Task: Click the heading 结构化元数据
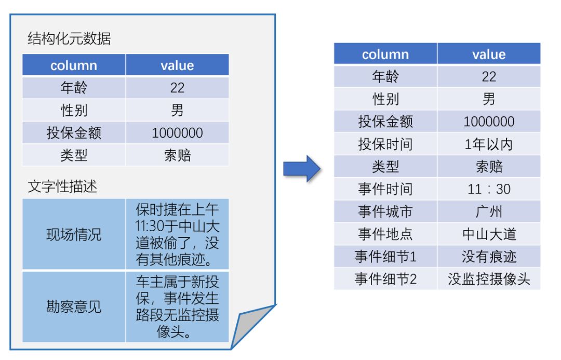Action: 69,38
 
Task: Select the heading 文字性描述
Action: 62,186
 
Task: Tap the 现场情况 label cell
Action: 74,234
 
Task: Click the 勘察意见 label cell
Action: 74,306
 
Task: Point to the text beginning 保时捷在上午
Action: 177,234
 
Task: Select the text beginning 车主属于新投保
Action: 177,306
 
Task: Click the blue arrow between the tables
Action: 302,168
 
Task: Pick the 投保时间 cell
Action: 385,144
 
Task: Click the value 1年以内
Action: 489,144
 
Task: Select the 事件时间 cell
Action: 385,189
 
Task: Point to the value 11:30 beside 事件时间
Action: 489,189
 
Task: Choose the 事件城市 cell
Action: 385,211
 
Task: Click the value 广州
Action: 489,211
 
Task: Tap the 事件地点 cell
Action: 385,234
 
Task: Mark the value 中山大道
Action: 489,234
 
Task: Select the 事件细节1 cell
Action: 385,256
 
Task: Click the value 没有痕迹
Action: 489,256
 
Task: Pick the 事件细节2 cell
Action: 385,279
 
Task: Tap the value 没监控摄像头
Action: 489,279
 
